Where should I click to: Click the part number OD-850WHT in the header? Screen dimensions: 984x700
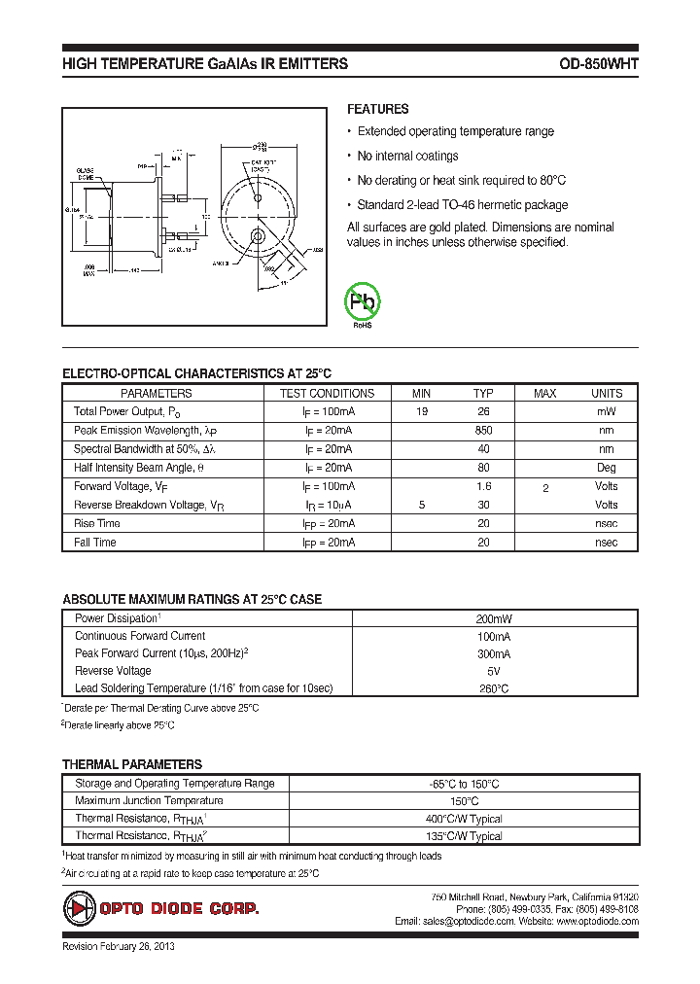pos(598,64)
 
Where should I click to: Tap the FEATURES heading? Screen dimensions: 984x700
pos(377,110)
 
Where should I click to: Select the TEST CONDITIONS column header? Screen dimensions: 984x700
pos(327,394)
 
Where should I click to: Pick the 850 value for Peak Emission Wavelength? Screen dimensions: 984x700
pos(483,431)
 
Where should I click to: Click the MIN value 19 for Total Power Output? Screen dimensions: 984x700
pos(422,412)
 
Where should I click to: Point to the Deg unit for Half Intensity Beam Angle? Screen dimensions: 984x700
pos(606,468)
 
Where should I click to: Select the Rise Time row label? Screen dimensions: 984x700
pos(97,524)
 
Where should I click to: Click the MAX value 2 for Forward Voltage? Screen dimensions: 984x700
pos(545,488)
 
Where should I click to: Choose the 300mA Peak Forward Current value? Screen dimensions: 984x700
pos(494,654)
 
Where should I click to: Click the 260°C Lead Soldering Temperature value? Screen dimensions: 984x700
pos(494,689)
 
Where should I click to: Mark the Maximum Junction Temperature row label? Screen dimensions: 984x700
pos(149,801)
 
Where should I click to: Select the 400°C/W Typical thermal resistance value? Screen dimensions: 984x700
pos(466,820)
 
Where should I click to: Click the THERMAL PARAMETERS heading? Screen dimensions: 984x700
pos(132,765)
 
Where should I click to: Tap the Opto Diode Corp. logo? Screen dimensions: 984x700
pos(161,909)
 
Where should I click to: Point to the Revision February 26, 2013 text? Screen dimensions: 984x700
pos(118,947)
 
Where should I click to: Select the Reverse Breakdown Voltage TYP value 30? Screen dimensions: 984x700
pos(483,506)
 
